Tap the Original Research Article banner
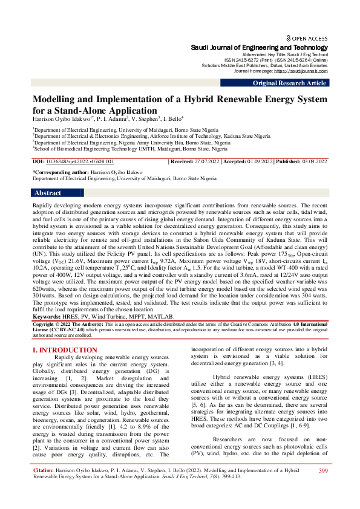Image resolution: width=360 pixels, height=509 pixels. tap(289, 83)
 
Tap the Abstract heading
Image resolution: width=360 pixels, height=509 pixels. tap(48, 193)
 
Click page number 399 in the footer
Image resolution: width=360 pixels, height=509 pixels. tap(322, 487)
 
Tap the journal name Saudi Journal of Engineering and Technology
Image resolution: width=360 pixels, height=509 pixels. tap(259, 47)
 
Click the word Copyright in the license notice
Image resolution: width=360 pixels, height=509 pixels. tap(45, 325)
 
